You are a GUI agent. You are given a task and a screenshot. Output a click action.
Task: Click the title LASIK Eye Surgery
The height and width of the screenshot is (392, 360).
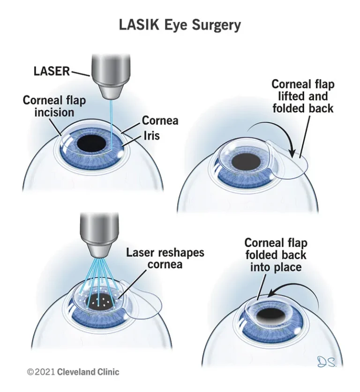pyautogui.click(x=180, y=24)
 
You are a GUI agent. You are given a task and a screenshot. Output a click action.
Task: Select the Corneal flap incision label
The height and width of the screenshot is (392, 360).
pyautogui.click(x=48, y=106)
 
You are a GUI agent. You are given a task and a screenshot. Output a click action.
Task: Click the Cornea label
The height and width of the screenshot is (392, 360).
pyautogui.click(x=160, y=121)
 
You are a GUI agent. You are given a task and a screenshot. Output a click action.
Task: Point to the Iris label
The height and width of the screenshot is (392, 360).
pyautogui.click(x=151, y=136)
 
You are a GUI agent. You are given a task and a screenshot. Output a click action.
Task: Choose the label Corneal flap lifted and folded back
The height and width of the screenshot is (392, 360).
pyautogui.click(x=303, y=96)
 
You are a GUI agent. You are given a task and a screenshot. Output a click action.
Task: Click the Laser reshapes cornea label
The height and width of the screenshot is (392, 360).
pyautogui.click(x=165, y=259)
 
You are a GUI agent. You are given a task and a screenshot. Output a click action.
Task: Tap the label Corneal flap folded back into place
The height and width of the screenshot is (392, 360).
pyautogui.click(x=275, y=255)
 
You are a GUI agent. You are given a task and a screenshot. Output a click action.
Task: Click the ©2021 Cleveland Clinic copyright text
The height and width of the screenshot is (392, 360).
pyautogui.click(x=73, y=372)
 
